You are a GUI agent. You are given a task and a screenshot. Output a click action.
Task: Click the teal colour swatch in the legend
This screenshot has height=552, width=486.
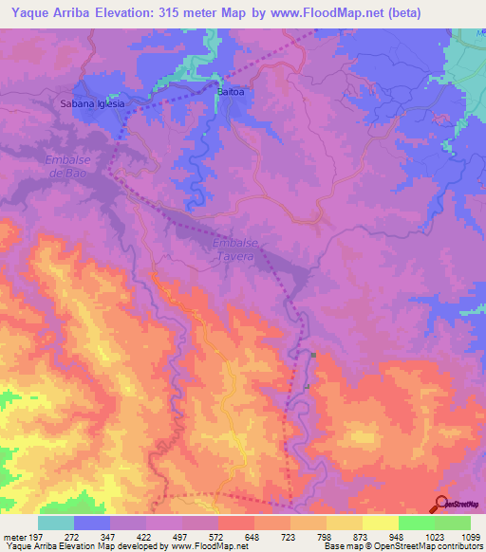pyautogui.click(x=56, y=523)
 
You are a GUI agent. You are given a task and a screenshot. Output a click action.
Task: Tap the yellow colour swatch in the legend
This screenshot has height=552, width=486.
pyautogui.click(x=380, y=523)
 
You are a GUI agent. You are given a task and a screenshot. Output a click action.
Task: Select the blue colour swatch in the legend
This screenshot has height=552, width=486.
pyautogui.click(x=92, y=523)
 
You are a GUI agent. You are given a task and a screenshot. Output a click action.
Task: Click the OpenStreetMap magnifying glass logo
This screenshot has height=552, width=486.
pyautogui.click(x=440, y=504)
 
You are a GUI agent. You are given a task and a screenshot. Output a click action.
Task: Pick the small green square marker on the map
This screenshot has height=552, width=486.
pyautogui.click(x=312, y=356)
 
